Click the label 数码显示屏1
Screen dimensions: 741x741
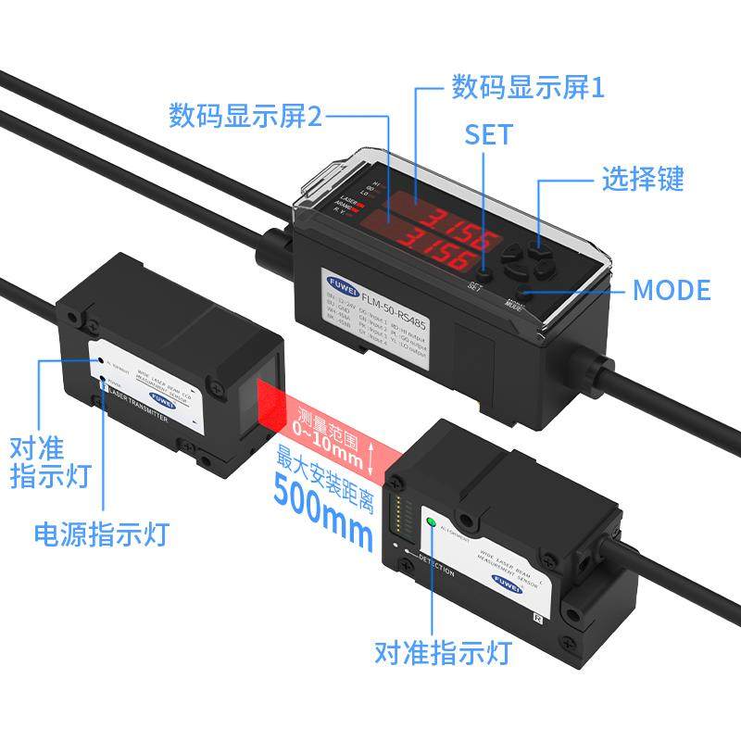pos(526,88)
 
